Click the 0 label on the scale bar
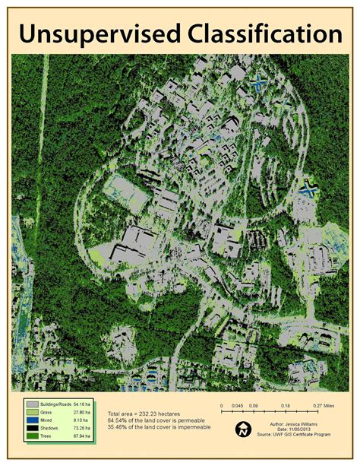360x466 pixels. pyautogui.click(x=222, y=406)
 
